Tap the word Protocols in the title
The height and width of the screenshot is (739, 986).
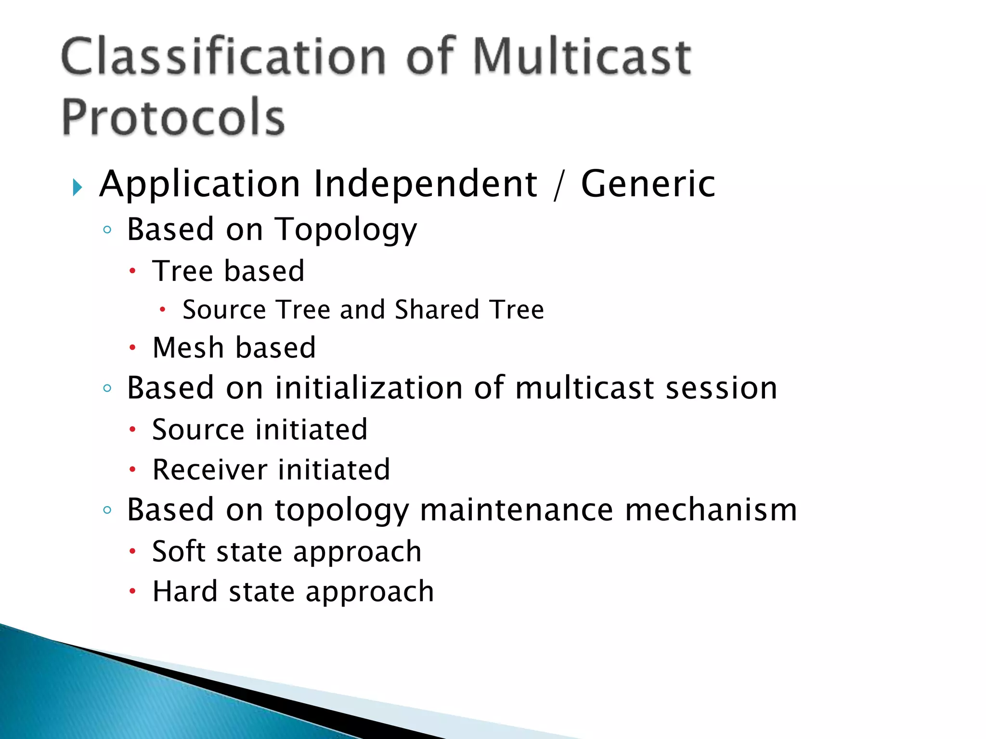(173, 117)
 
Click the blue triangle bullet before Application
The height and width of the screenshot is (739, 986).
(77, 187)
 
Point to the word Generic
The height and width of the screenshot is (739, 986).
(648, 184)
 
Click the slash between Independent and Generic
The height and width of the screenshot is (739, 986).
(558, 186)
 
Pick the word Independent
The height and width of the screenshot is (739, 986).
(426, 185)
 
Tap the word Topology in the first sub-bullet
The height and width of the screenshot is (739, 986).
(346, 230)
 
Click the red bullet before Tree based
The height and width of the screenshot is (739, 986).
(133, 271)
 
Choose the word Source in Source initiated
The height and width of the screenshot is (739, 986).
(198, 430)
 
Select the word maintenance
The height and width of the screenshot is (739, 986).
(516, 510)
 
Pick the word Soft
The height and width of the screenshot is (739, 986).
(179, 551)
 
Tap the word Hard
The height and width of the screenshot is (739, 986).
(184, 591)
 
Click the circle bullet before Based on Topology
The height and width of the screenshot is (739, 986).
(107, 230)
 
